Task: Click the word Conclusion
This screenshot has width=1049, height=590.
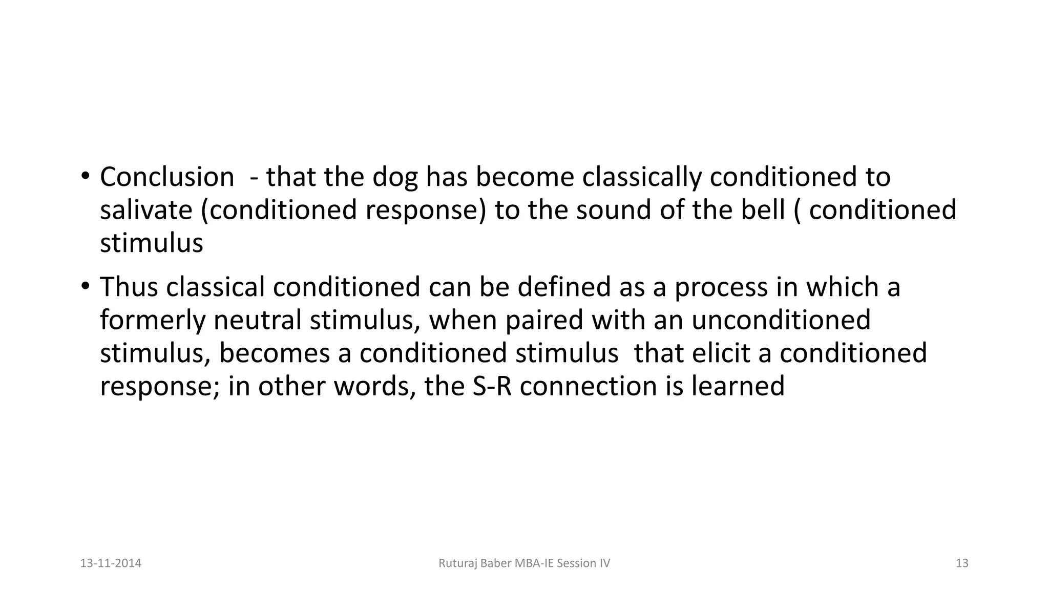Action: tap(167, 177)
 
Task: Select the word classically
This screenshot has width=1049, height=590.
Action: tap(641, 177)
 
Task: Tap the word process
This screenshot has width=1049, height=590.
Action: tap(721, 288)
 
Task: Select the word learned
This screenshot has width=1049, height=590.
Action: tap(738, 386)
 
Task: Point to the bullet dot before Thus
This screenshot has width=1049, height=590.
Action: tap(85, 287)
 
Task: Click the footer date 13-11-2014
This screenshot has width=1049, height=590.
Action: tap(111, 563)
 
